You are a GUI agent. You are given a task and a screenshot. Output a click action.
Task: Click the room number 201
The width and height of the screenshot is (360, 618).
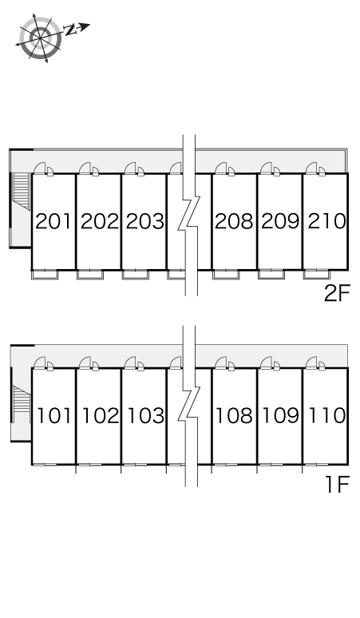(x=53, y=221)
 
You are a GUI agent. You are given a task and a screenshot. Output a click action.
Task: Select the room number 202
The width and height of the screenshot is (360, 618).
(x=99, y=221)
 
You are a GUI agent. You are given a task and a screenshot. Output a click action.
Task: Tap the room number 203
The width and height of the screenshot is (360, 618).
(x=145, y=221)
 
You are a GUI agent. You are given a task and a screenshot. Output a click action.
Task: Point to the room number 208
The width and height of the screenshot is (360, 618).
(x=234, y=221)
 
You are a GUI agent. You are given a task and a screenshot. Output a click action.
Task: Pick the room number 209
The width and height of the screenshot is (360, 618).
(x=280, y=221)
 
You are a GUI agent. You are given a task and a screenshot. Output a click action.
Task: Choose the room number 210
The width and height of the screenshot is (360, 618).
(x=326, y=221)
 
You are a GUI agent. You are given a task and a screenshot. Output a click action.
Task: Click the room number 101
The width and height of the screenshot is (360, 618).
(x=54, y=415)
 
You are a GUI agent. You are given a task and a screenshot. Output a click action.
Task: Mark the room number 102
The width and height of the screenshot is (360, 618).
(x=100, y=415)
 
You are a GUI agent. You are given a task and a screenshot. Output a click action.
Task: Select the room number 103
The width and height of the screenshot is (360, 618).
(x=146, y=415)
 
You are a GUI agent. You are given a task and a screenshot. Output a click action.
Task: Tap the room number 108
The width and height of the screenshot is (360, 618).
(x=235, y=415)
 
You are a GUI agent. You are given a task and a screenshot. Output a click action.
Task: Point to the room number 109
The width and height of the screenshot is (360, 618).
(x=281, y=415)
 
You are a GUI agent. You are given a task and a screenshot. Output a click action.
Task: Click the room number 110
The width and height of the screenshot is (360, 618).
(x=327, y=415)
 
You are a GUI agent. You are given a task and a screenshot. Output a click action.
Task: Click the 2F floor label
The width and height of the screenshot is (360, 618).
(x=337, y=293)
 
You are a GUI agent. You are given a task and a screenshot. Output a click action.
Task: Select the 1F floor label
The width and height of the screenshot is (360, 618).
(x=338, y=485)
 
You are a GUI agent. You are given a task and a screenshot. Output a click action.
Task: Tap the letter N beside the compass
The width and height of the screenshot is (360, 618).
(x=70, y=30)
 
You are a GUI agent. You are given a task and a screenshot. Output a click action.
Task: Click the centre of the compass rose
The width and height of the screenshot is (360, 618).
(x=41, y=38)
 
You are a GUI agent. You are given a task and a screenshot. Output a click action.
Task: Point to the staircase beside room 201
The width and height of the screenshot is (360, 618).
(x=22, y=191)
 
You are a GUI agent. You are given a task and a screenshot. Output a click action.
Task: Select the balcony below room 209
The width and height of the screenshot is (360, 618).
(x=271, y=274)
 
